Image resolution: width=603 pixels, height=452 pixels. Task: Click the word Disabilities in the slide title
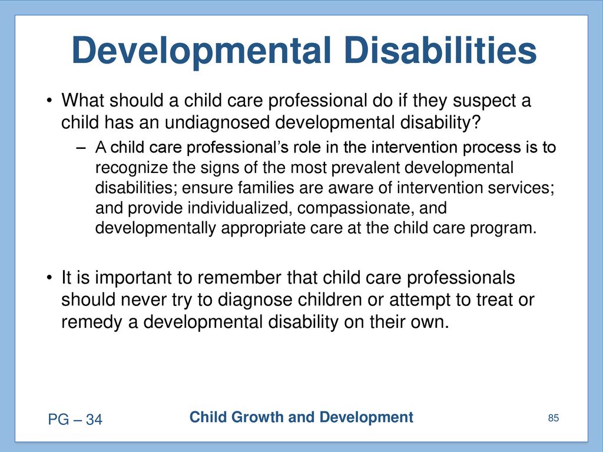[x=440, y=50]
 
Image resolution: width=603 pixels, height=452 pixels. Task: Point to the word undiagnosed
[x=217, y=124]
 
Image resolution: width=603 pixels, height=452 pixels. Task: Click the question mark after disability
[x=476, y=122]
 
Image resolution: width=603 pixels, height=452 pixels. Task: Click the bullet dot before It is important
[x=49, y=278]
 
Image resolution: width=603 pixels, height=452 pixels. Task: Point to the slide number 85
[x=554, y=418]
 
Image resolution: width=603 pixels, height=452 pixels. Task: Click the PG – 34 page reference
[x=75, y=419]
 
